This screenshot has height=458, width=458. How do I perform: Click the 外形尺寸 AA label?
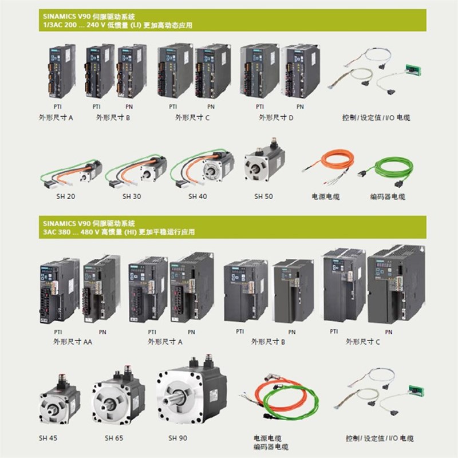71,342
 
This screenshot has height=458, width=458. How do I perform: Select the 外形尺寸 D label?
276,117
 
